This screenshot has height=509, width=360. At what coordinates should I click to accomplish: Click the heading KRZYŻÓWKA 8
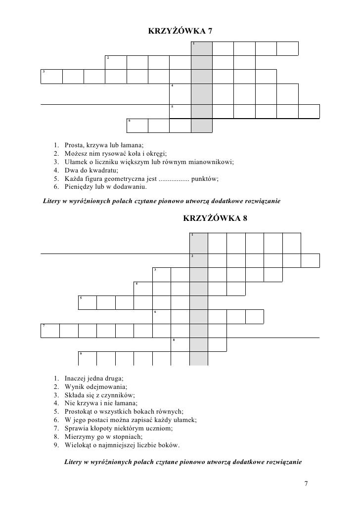tap(215, 218)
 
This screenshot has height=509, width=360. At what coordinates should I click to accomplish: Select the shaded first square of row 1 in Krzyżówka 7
tap(201, 48)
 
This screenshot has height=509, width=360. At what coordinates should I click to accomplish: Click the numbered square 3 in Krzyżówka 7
tap(51, 77)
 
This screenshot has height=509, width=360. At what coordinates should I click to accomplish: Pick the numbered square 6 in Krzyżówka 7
tap(137, 126)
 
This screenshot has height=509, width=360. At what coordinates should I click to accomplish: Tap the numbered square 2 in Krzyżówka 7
tap(116, 63)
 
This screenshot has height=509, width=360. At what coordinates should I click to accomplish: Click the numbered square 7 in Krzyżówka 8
tap(50, 331)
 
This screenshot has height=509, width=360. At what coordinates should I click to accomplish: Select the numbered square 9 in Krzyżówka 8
tap(87, 358)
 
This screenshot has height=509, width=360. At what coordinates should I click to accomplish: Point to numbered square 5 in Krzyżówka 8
tap(87, 302)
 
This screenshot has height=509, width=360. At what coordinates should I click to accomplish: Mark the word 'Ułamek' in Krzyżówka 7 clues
tap(75, 162)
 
